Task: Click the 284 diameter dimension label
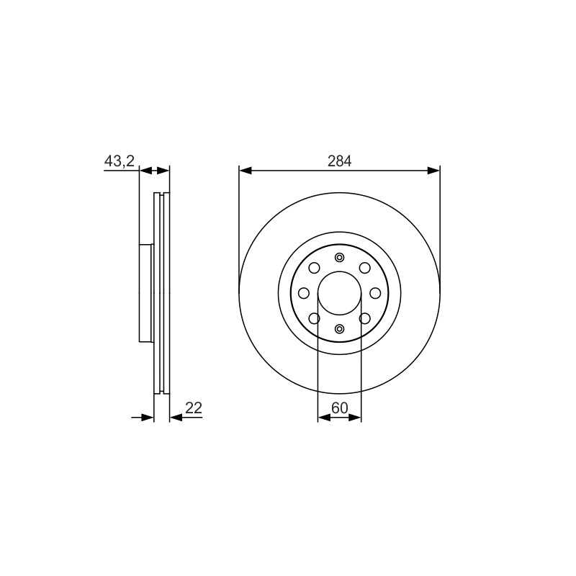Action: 339,161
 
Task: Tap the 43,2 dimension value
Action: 120,161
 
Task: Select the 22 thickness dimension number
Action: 194,408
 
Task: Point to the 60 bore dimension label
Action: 339,408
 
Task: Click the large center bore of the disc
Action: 339,293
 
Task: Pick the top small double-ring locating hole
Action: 339,257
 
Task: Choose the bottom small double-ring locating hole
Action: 339,329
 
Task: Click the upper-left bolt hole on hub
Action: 314,268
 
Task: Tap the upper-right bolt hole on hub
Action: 365,268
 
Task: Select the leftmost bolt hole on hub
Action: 304,293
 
